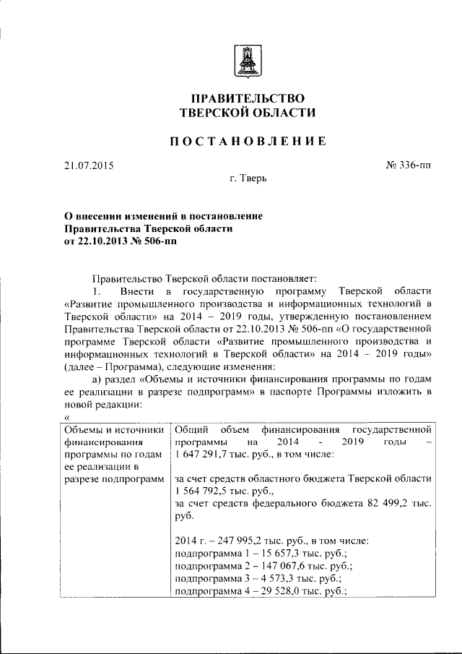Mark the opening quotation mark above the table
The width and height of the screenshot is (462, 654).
[66, 418]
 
